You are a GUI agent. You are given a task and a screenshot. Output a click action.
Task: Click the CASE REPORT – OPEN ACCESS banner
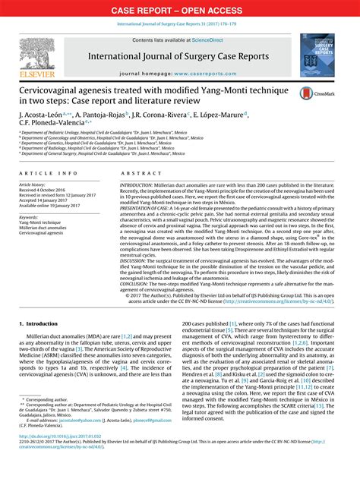[x=180, y=10]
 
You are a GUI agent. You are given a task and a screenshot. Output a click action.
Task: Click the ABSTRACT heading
[x=141, y=174]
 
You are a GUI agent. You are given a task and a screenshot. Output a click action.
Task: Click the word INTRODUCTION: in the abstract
[x=136, y=184]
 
